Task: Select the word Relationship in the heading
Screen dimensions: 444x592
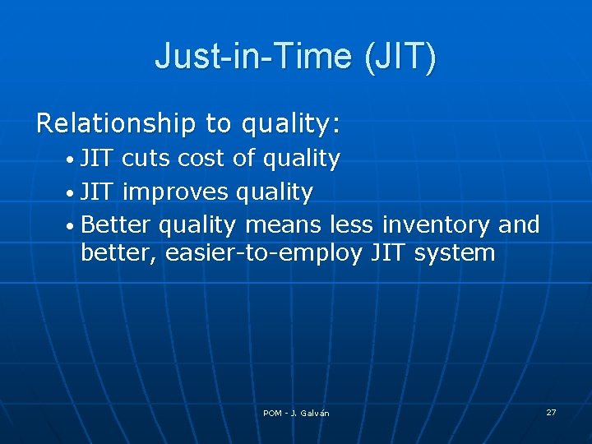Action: (115, 123)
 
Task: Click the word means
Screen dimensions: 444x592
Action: (284, 225)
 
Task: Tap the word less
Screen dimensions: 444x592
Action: (350, 225)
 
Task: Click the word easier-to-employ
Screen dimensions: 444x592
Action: (264, 253)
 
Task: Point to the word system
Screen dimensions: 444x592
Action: (455, 253)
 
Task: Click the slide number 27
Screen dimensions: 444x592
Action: (551, 412)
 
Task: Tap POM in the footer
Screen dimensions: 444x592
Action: (272, 413)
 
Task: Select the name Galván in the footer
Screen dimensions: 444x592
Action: (315, 413)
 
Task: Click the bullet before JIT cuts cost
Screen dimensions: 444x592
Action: (72, 160)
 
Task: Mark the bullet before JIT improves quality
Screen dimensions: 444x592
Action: (72, 193)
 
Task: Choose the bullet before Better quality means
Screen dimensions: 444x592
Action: (72, 226)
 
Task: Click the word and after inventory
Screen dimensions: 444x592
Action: (519, 225)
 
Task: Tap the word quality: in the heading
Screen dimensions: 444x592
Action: (291, 123)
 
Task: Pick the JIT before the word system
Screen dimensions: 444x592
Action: (389, 253)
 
